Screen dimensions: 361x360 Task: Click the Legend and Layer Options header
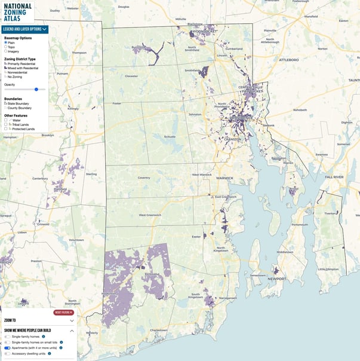pyautogui.click(x=24, y=29)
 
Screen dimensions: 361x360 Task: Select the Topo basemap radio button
pyautogui.click(x=5, y=47)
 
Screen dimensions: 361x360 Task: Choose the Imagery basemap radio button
pyautogui.click(x=5, y=51)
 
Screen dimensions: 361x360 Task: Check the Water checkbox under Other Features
pyautogui.click(x=6, y=120)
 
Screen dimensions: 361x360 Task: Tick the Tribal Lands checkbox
pyautogui.click(x=6, y=124)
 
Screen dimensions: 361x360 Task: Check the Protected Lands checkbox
pyautogui.click(x=6, y=129)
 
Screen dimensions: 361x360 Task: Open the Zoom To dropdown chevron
pyautogui.click(x=72, y=321)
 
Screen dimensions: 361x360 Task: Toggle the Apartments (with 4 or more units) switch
pyautogui.click(x=8, y=347)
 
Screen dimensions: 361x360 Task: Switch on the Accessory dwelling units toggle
pyautogui.click(x=8, y=353)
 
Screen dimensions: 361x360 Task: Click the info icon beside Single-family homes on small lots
pyautogui.click(x=61, y=342)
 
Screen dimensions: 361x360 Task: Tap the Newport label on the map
pyautogui.click(x=276, y=279)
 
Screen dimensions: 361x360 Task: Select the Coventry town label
pyautogui.click(x=144, y=178)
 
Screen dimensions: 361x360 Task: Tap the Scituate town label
pyautogui.click(x=170, y=137)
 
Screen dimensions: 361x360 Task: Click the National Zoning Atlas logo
pyautogui.click(x=17, y=12)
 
